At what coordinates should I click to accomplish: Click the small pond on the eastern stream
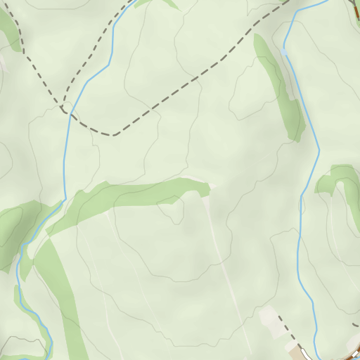[284, 51]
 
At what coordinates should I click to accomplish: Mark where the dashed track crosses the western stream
[69, 112]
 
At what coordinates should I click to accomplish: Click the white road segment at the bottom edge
[307, 354]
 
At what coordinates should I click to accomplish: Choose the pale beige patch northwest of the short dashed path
[269, 316]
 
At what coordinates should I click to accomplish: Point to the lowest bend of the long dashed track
[111, 135]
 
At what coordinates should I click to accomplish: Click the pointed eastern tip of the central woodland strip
[209, 188]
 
